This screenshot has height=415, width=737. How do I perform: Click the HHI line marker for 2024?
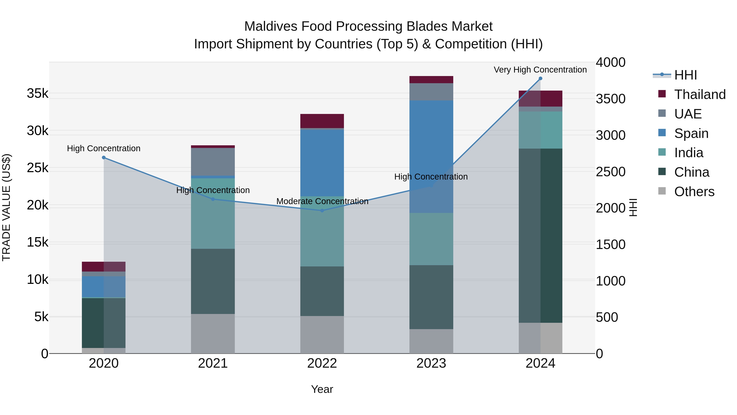(540, 78)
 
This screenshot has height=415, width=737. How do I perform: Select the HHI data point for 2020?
(104, 158)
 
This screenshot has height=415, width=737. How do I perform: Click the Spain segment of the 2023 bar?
(431, 156)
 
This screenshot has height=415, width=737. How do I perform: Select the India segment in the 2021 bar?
(213, 213)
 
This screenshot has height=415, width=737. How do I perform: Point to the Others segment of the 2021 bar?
(213, 334)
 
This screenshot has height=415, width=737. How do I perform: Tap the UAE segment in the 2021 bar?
(213, 162)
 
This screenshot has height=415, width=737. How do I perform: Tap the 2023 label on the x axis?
(431, 363)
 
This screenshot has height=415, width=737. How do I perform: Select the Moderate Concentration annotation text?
(322, 201)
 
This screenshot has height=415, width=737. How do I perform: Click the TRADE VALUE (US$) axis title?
(6, 207)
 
